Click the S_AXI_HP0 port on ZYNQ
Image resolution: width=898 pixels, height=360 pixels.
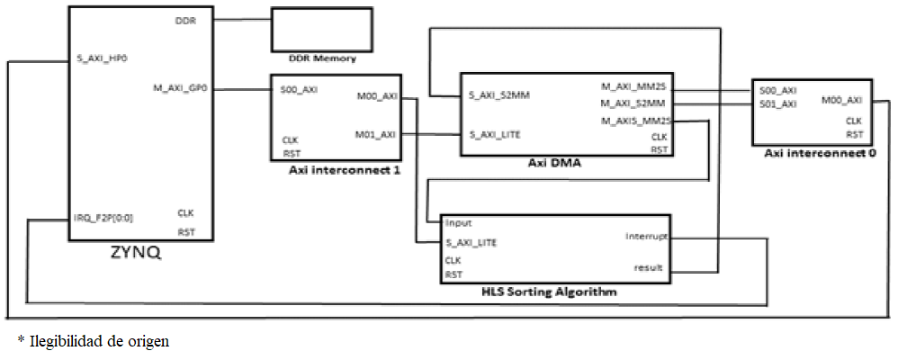[102, 62]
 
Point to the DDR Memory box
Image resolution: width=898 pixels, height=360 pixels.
[322, 32]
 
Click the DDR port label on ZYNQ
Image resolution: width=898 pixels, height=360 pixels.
[186, 20]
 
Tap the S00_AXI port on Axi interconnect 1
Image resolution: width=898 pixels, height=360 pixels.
[299, 90]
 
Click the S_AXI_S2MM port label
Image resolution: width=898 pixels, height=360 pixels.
[498, 94]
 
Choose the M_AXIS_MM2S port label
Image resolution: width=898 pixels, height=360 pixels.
[636, 121]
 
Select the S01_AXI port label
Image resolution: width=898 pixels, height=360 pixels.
[777, 104]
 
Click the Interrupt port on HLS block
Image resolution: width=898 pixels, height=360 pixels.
[645, 238]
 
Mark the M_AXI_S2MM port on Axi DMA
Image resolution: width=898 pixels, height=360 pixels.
[636, 104]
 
